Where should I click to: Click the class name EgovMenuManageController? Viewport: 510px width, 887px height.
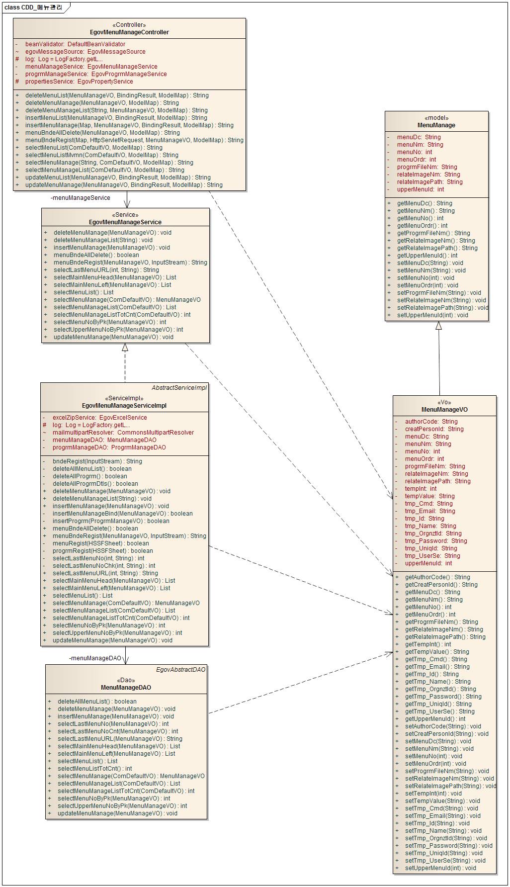click(129, 32)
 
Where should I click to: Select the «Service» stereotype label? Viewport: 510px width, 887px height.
click(125, 215)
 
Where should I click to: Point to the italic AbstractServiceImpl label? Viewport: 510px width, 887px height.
click(179, 388)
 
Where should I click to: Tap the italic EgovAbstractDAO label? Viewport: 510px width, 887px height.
click(180, 670)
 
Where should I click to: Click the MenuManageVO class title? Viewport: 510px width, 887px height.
click(444, 410)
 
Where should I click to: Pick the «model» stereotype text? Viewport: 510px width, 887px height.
click(436, 118)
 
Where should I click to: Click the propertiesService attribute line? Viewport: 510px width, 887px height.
click(79, 82)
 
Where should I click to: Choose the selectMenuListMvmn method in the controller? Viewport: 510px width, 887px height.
click(101, 155)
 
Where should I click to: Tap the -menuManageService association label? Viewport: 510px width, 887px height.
click(81, 198)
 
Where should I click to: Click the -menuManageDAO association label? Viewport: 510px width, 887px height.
click(95, 658)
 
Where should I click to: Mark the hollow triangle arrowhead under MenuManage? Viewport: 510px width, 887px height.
click(438, 326)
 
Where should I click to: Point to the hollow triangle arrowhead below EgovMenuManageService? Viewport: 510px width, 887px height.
click(125, 348)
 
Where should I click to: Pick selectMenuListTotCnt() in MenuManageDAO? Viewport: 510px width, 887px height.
click(94, 769)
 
